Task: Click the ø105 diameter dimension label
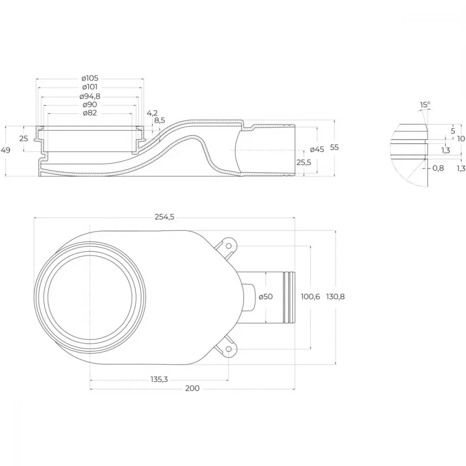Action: (x=90, y=78)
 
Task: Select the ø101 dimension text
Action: (x=90, y=87)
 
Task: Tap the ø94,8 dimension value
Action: (x=90, y=96)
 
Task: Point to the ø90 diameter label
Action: (x=90, y=104)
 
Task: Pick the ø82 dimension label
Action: (x=90, y=113)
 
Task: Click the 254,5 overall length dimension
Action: (x=164, y=217)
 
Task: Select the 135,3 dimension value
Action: (x=159, y=379)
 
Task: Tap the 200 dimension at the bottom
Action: (x=192, y=389)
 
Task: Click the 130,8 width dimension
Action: (x=335, y=296)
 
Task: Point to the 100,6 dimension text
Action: (x=310, y=296)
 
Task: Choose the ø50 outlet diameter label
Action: (x=266, y=296)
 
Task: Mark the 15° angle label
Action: (x=425, y=104)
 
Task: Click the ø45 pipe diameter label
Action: (x=317, y=150)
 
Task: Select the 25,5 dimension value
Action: (x=304, y=162)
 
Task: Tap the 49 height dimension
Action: (x=6, y=150)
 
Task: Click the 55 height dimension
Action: (x=334, y=147)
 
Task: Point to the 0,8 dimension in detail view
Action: (x=438, y=168)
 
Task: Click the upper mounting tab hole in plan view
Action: (x=228, y=246)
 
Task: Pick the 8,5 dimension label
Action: (x=159, y=121)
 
